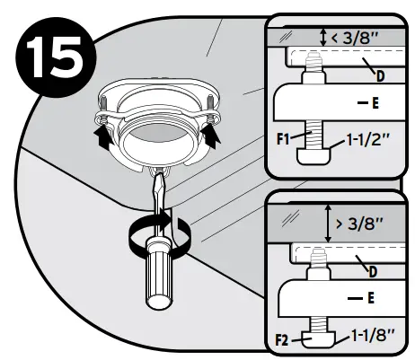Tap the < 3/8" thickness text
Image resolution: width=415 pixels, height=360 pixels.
tap(358, 37)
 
